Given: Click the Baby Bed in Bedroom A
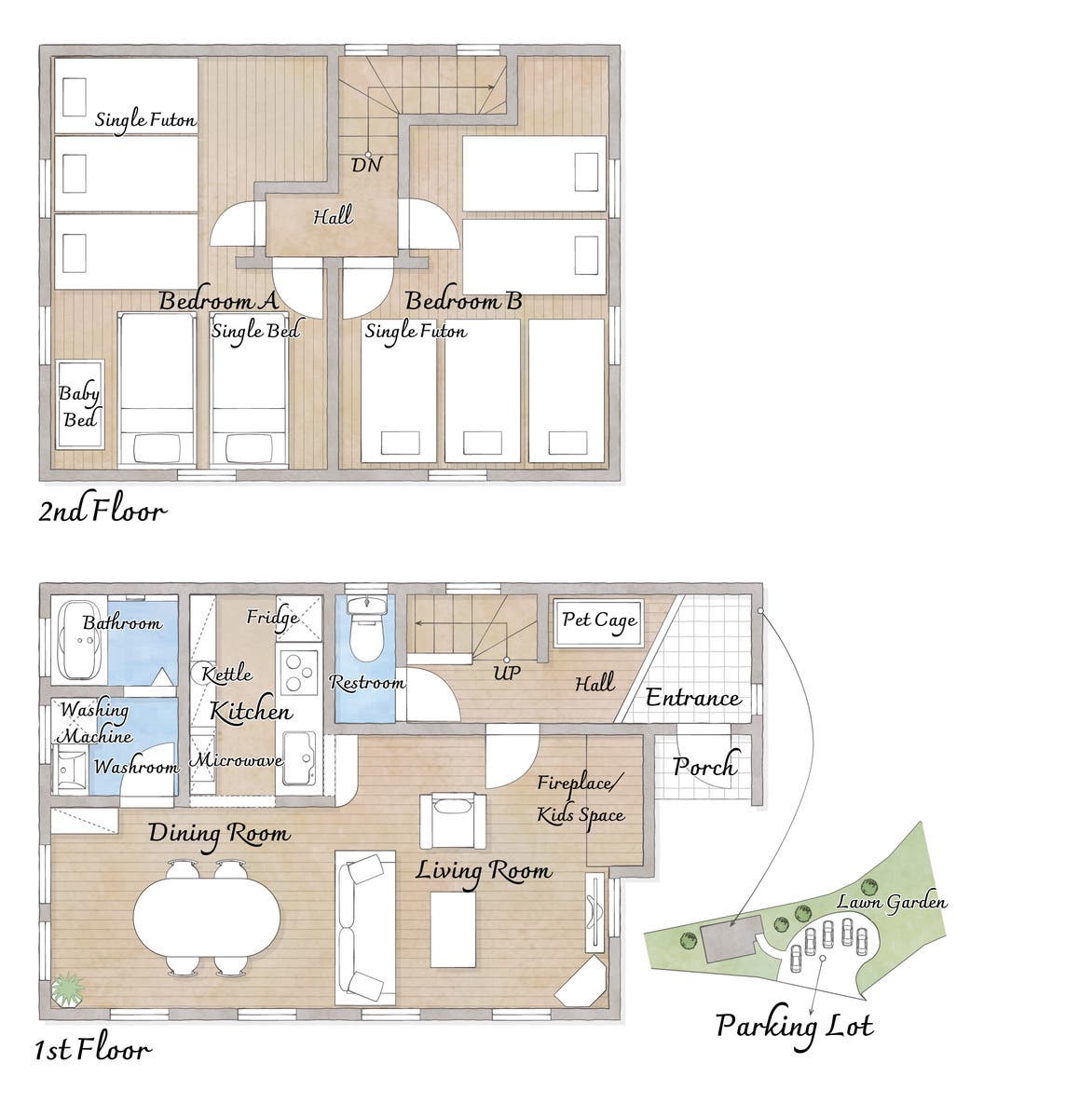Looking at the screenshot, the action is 80,403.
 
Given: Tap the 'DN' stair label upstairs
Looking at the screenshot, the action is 366,165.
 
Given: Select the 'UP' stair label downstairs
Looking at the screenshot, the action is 506,673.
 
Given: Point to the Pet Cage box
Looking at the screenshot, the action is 599,622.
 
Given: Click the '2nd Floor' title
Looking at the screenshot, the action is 102,511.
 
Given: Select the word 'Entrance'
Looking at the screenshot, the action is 693,698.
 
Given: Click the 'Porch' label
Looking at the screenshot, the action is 706,766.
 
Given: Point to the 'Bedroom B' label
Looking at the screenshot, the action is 464,301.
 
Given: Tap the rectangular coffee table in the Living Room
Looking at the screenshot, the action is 453,930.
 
